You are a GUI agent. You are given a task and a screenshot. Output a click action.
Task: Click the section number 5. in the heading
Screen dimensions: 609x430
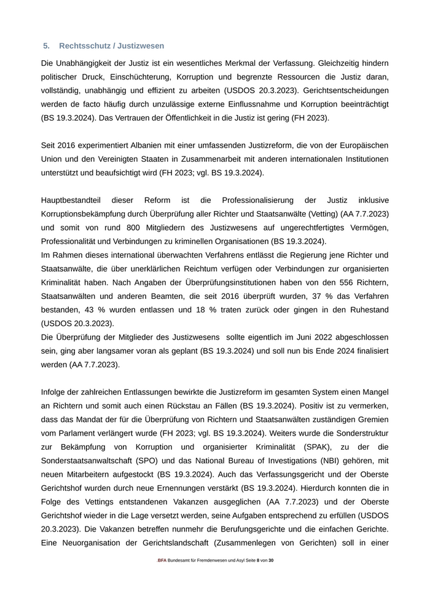coord(46,46)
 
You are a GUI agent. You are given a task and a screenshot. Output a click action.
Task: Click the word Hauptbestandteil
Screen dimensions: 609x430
coord(76,201)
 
